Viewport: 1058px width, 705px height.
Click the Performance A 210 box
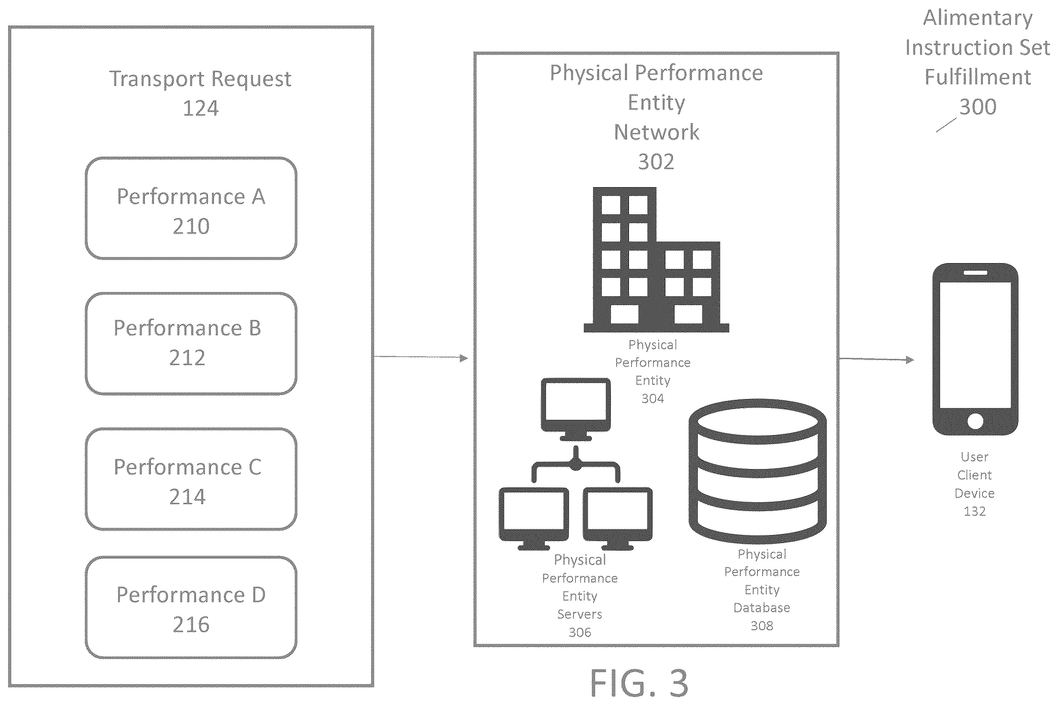click(191, 208)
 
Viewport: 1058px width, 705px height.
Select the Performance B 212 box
click(191, 344)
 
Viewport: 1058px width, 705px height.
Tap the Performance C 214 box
click(191, 479)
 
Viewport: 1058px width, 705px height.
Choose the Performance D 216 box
click(191, 607)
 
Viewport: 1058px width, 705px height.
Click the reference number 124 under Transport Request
click(200, 108)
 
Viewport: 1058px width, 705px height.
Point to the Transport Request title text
click(200, 79)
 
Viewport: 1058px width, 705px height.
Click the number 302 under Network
click(656, 162)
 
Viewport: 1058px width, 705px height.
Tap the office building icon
click(656, 260)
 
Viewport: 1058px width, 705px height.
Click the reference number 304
click(653, 398)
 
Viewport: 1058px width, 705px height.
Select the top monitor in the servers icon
click(576, 409)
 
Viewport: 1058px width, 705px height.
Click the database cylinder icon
click(758, 471)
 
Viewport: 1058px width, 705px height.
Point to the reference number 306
click(580, 633)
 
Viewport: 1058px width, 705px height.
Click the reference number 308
click(762, 626)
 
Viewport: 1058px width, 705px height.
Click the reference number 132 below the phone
click(974, 511)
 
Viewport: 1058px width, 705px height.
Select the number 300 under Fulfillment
click(978, 106)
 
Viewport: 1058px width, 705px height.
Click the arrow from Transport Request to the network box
click(421, 357)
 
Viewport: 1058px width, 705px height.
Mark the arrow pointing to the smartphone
click(876, 359)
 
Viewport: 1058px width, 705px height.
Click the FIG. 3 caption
click(639, 683)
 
